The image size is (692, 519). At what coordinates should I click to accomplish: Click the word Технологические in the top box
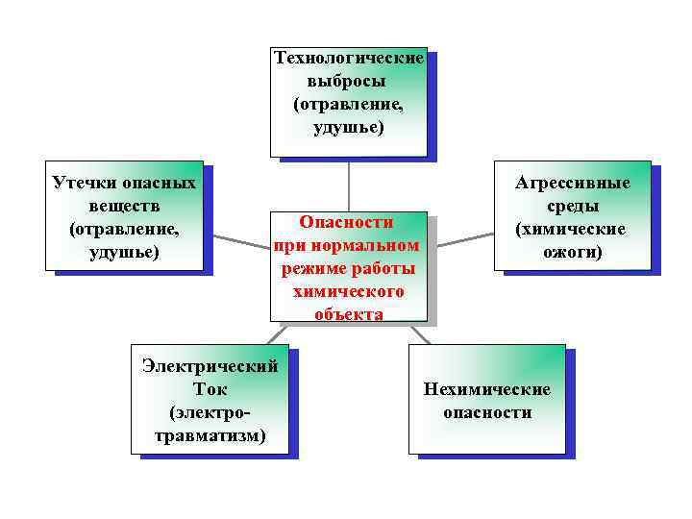pos(348,58)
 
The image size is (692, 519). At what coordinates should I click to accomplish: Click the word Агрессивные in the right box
pos(573,183)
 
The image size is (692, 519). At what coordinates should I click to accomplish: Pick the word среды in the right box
pos(573,206)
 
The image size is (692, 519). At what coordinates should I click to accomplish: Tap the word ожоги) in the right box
pos(573,252)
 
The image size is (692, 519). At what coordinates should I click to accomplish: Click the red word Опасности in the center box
pos(348,221)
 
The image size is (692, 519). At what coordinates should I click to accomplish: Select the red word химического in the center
pos(348,291)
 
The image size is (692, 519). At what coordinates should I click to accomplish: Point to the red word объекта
pos(348,314)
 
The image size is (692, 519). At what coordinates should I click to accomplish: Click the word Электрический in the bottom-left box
pos(210,366)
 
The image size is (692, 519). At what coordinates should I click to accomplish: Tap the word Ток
pos(210,389)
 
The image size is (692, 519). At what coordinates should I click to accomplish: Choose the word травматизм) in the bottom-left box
pos(210,435)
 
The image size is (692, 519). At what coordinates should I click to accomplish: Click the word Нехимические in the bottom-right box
pos(486,389)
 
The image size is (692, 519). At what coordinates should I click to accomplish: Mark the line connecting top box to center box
pos(348,183)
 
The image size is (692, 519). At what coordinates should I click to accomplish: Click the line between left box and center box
pos(240,238)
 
